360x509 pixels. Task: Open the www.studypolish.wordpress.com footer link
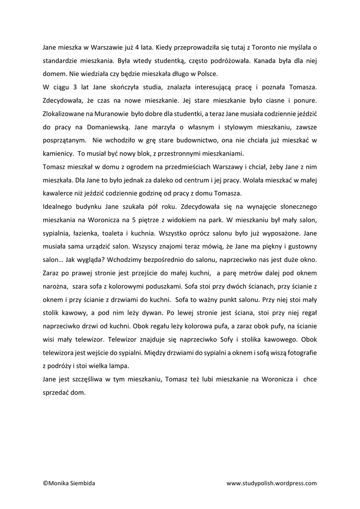271,483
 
